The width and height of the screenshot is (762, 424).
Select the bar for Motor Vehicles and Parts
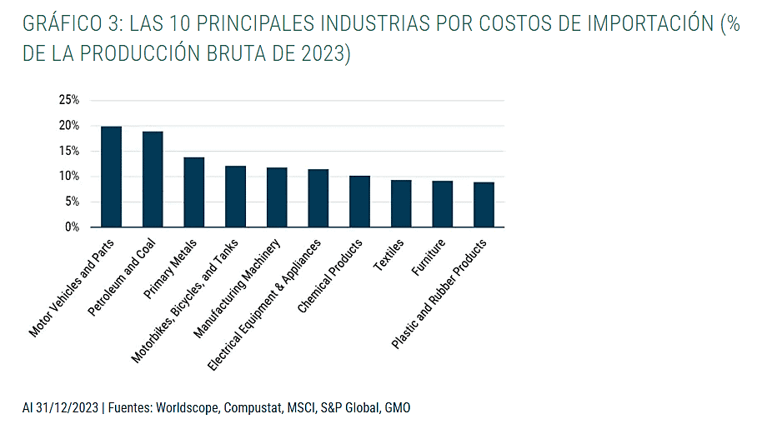pyautogui.click(x=111, y=177)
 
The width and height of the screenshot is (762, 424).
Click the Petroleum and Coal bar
pyautogui.click(x=153, y=179)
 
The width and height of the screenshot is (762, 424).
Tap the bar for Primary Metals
pyautogui.click(x=194, y=192)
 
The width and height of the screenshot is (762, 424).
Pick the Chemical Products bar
pyautogui.click(x=359, y=201)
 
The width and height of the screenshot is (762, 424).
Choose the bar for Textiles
pyautogui.click(x=401, y=203)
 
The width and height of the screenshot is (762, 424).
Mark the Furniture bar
pyautogui.click(x=443, y=204)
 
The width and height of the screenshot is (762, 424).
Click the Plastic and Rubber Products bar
pyautogui.click(x=484, y=204)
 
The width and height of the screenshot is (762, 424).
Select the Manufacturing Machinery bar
pyautogui.click(x=277, y=197)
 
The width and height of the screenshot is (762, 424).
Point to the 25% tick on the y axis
pyautogui.click(x=68, y=100)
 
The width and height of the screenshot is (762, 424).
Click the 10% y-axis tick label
pyautogui.click(x=68, y=177)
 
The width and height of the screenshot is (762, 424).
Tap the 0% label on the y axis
pyautogui.click(x=72, y=227)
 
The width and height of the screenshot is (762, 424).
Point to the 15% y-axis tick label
pyautogui.click(x=68, y=151)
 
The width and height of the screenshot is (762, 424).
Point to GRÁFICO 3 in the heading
pyautogui.click(x=69, y=23)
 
